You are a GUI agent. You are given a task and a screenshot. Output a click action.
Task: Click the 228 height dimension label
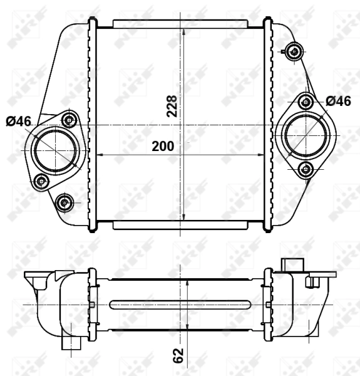click(173, 106)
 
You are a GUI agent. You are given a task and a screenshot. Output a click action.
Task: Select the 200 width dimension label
click(162, 147)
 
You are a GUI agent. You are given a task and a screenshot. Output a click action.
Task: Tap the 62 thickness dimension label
click(179, 355)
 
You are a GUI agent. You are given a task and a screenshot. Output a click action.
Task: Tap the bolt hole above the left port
click(69, 119)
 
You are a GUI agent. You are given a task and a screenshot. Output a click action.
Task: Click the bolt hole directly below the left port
click(42, 182)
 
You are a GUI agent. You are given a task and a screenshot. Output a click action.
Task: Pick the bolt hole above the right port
click(305, 102)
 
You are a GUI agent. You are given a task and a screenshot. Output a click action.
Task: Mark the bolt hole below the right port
click(305, 168)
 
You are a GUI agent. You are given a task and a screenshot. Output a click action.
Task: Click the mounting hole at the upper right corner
click(292, 52)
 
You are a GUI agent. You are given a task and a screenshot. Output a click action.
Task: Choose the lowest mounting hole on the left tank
click(64, 202)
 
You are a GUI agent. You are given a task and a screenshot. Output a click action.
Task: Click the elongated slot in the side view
click(180, 305)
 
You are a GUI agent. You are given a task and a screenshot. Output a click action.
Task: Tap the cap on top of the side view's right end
click(292, 264)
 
